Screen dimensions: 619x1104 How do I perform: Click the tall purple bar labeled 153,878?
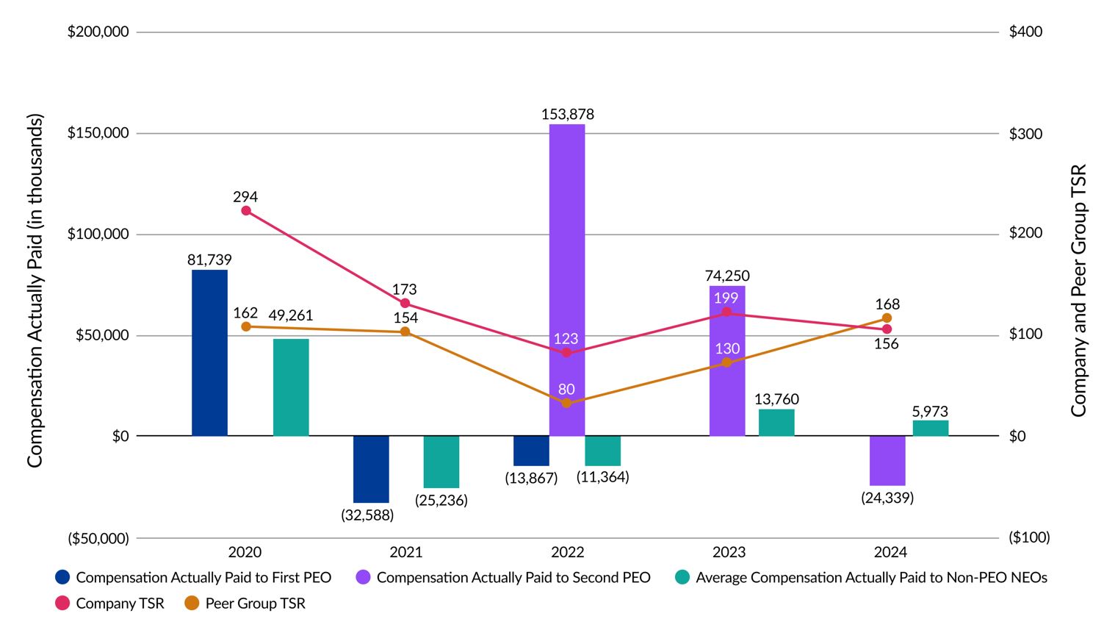coord(567,279)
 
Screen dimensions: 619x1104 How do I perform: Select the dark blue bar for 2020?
coord(209,353)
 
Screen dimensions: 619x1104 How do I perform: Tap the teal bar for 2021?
coord(441,462)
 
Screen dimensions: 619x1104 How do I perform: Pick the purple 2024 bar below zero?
coord(887,460)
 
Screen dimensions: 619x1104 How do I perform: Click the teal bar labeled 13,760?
coord(776,423)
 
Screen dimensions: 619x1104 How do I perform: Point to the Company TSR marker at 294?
coord(246,211)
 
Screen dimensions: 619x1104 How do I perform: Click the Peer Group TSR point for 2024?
coord(887,318)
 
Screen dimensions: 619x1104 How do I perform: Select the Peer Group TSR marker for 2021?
coord(405,332)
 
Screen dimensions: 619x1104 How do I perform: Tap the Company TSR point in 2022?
coord(566,353)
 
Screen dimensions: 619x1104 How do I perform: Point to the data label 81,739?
coord(209,260)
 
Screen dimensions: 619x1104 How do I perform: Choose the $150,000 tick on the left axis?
coord(98,133)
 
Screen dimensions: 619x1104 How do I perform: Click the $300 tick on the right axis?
coord(1025,134)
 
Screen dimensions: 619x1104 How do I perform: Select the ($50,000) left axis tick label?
coord(98,538)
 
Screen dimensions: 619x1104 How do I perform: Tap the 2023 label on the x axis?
coord(729,552)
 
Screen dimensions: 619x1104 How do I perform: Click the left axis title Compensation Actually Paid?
coord(35,290)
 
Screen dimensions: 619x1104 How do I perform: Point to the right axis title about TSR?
coord(1078,290)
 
